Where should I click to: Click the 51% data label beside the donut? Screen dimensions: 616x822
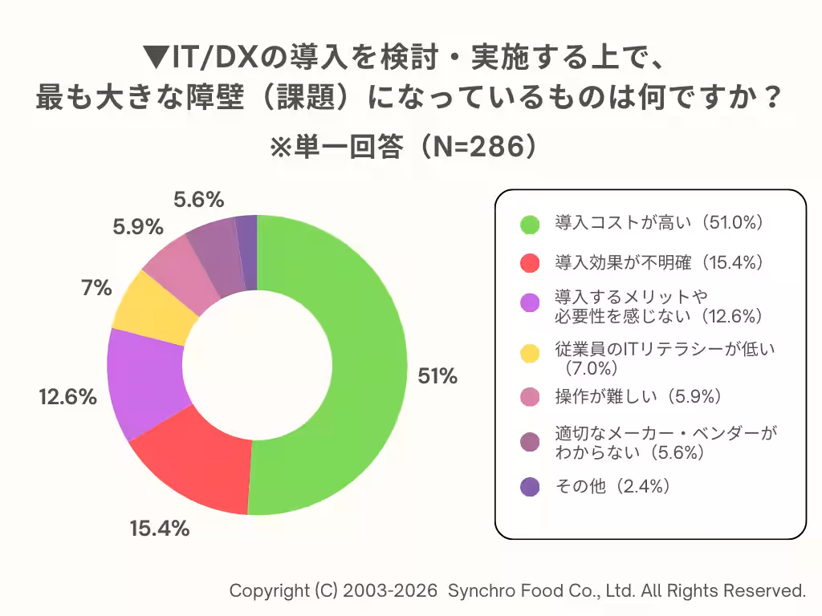tap(437, 376)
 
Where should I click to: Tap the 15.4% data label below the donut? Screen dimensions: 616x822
tap(159, 529)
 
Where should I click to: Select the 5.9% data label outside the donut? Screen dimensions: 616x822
tap(138, 227)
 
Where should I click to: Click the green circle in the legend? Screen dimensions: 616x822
tap(530, 224)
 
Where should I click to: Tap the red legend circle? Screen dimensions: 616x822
tap(530, 262)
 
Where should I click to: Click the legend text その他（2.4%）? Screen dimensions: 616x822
tap(612, 486)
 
